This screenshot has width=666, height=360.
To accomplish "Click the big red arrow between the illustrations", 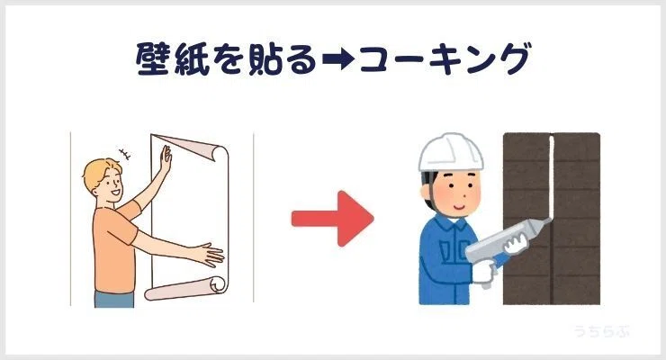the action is click(x=333, y=219).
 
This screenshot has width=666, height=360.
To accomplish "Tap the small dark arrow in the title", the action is click(x=337, y=59).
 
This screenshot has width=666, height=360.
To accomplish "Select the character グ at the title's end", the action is click(x=514, y=58).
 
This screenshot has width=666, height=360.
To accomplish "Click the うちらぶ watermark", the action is click(x=601, y=330).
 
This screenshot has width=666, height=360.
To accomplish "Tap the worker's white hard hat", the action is click(x=451, y=153).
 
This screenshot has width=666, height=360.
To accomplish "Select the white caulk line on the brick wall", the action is click(x=552, y=177).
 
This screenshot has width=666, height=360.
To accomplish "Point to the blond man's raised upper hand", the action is click(x=166, y=158).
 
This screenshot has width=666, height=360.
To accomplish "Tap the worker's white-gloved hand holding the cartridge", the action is click(x=516, y=244).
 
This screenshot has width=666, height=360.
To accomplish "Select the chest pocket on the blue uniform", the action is click(x=446, y=251).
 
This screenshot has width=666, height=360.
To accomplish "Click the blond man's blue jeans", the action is click(x=114, y=299).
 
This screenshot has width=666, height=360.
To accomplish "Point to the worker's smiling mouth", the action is click(x=460, y=207).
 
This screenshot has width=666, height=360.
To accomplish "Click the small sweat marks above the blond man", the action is click(x=125, y=154).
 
